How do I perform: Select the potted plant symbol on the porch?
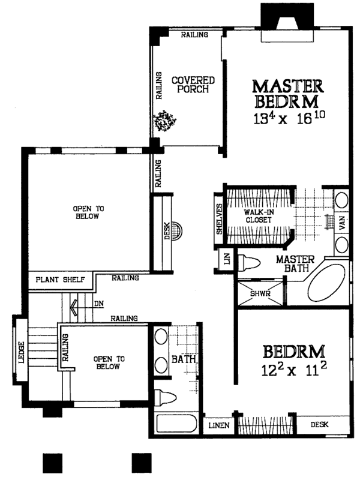[164, 122]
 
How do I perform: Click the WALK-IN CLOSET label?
[258, 216]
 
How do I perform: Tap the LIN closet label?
[226, 260]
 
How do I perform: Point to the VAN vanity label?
[342, 223]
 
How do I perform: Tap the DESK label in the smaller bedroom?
[319, 425]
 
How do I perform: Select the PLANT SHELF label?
[59, 280]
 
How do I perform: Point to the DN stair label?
[98, 304]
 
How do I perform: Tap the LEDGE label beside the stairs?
[22, 353]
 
